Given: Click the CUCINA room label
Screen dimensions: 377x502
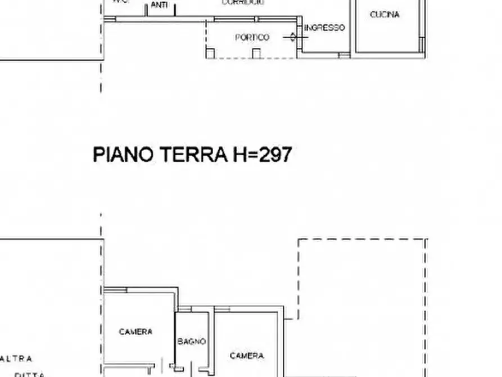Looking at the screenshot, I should point(385,15).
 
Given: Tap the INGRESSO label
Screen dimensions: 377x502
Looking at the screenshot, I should point(324,28).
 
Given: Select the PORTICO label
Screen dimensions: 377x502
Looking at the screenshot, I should point(252,38).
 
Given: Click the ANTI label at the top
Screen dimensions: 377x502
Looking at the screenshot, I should point(159,5).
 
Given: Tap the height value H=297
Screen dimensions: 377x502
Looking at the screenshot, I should point(262,154).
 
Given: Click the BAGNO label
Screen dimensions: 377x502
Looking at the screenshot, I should point(192,342).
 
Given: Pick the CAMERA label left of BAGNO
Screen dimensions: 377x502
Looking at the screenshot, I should point(135,332).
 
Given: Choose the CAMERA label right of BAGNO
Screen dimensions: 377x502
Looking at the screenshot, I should point(247,356).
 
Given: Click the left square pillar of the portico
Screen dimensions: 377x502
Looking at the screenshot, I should point(210,53).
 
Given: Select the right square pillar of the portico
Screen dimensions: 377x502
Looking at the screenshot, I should point(256,53).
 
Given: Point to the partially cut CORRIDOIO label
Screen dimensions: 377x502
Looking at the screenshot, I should point(243,3).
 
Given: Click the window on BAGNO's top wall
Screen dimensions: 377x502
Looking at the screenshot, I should point(186,309).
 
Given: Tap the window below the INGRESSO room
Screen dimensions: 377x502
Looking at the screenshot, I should point(344,55).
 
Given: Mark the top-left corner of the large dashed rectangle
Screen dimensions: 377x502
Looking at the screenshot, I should point(298,240).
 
